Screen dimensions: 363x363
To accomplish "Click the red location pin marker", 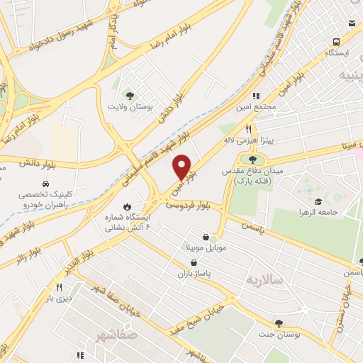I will pos(183,167).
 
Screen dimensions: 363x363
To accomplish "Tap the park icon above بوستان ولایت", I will pos(129,95).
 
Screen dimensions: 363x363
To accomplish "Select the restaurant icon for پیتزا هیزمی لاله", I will pos(248,129).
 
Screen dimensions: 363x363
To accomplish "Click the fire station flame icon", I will pos(127,206).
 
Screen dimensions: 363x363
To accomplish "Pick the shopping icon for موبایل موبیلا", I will pos(206,237).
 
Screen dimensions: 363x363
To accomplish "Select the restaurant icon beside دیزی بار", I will pos(60,288).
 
